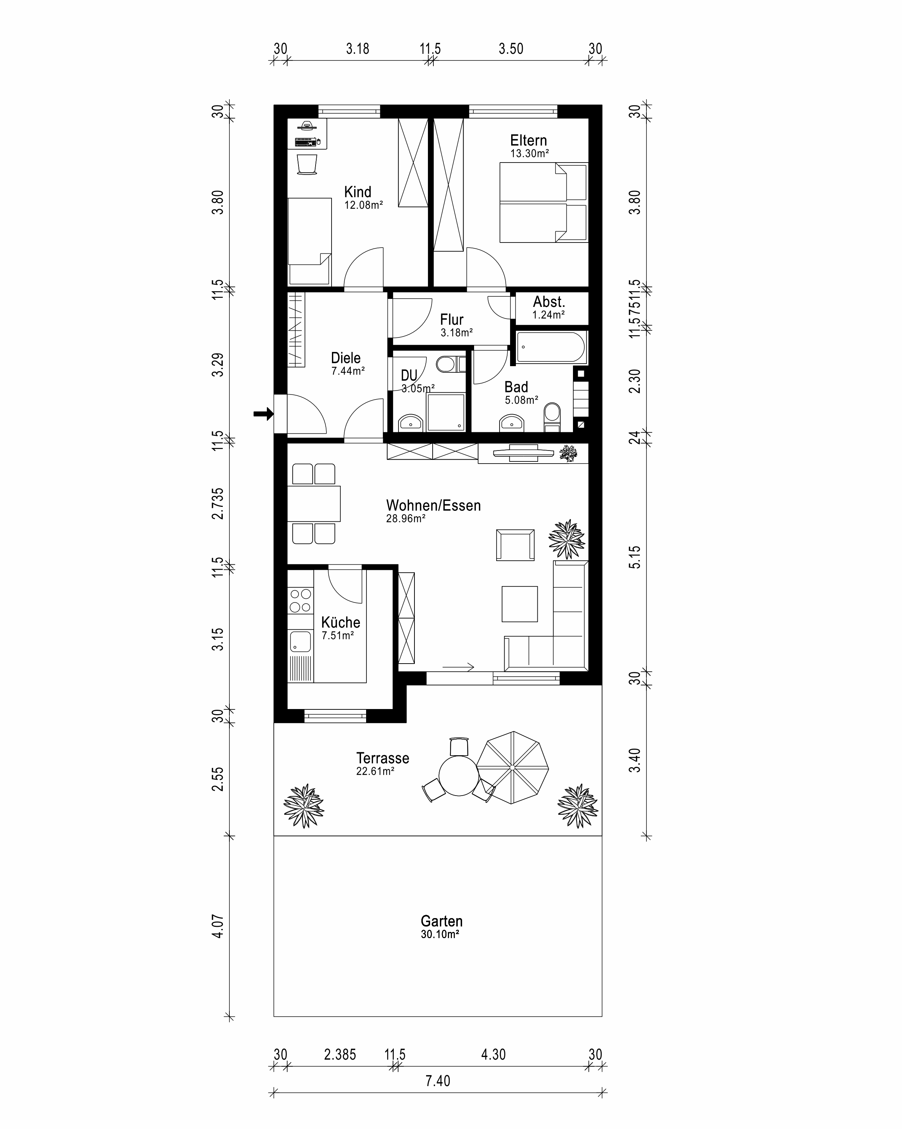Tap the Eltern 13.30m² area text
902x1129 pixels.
coord(529,154)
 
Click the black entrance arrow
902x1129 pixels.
coord(263,414)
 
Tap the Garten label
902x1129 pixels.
coord(441,921)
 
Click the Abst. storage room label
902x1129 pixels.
coord(549,302)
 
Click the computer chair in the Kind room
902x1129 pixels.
coord(307,164)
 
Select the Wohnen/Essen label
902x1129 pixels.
coord(433,505)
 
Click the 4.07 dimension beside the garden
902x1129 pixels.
coord(218,926)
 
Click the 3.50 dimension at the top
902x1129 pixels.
coord(511,49)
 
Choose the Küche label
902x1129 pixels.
coord(341,622)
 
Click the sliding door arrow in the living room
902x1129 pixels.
coord(458,667)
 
